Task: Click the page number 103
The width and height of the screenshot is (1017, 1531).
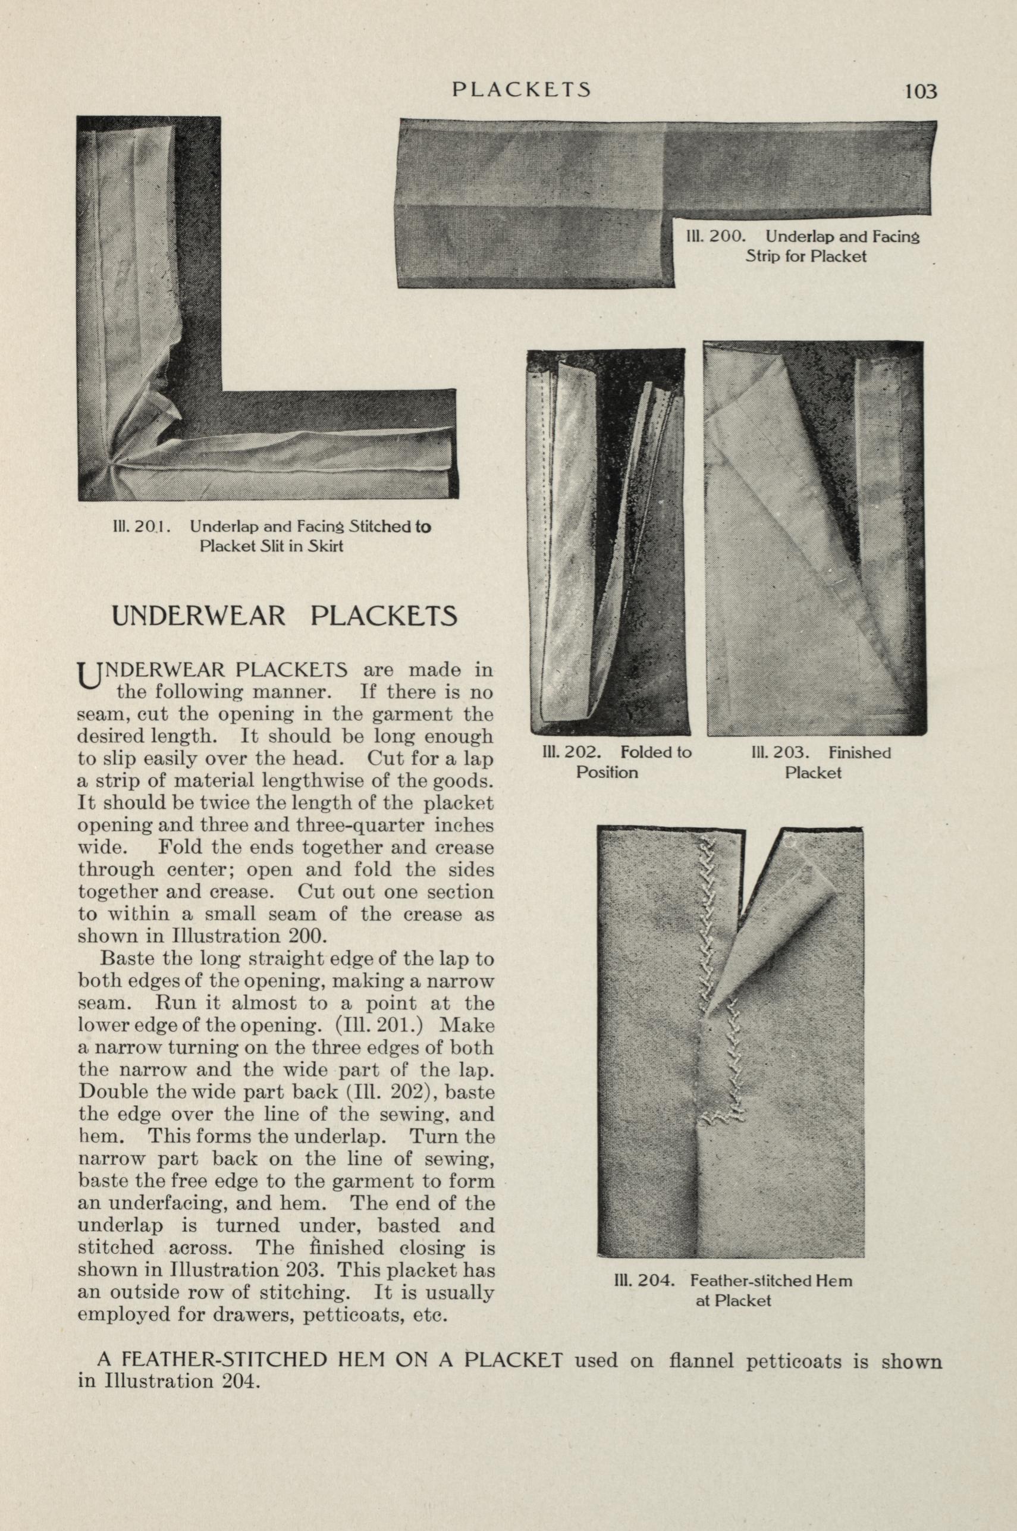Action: [921, 92]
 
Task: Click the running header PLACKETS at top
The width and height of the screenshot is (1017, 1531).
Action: [522, 89]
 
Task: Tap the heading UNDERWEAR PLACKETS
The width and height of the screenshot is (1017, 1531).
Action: [285, 616]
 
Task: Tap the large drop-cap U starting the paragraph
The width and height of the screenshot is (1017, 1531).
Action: [86, 675]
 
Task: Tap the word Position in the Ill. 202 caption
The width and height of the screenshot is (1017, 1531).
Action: [607, 772]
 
